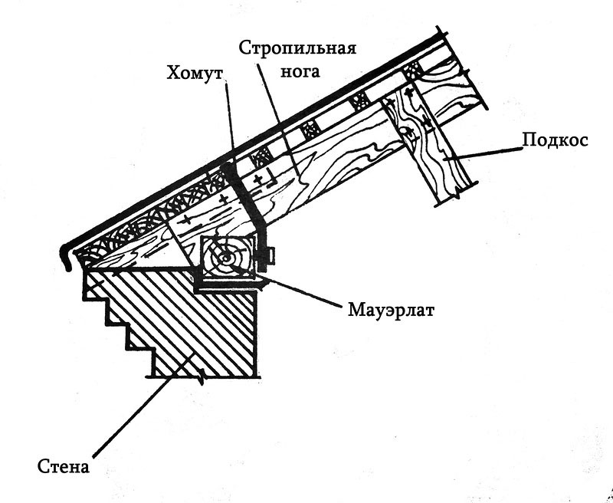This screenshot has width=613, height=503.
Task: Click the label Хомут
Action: [195, 73]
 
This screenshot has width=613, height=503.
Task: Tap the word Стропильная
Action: [297, 48]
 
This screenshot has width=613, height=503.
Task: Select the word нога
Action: [300, 71]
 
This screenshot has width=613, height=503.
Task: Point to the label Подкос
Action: [555, 140]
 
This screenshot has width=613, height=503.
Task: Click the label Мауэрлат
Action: [391, 311]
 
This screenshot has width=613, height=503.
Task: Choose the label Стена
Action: [64, 467]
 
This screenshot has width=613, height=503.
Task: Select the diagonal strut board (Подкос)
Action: [429, 144]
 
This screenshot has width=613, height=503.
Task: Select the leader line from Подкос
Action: [484, 153]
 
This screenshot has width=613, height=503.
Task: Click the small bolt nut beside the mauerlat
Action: [272, 256]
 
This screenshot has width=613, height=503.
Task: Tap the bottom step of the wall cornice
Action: [152, 363]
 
